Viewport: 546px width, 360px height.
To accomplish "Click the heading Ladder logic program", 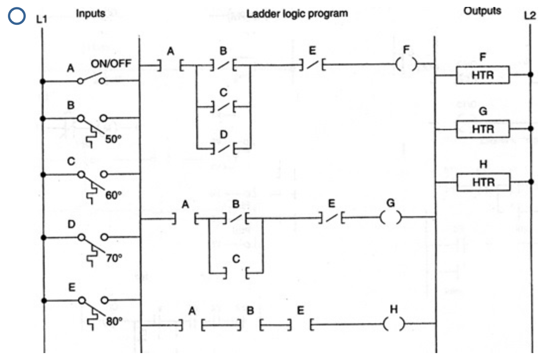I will coord(297,13).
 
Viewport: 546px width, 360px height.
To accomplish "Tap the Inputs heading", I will coord(90,13).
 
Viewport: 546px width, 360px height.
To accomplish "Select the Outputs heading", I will coord(482,11).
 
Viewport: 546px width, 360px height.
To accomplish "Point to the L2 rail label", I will coord(530,15).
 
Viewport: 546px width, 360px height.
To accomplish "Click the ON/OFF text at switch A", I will coord(108,64).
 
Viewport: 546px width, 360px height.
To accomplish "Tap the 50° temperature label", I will coord(112,139).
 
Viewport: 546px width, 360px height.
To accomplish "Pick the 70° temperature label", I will coord(114,257).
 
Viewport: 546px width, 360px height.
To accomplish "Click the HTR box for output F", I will coord(483,76).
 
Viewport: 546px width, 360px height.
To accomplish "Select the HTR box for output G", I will coord(483,129).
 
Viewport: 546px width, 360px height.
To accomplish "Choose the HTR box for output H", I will coord(483,182).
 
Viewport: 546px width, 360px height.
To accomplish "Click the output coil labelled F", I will coord(407,64).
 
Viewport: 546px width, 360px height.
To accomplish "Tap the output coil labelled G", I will coord(390,218).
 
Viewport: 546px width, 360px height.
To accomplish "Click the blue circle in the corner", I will coord(17,16).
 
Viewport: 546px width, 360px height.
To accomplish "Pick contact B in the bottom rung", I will coord(251,325).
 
